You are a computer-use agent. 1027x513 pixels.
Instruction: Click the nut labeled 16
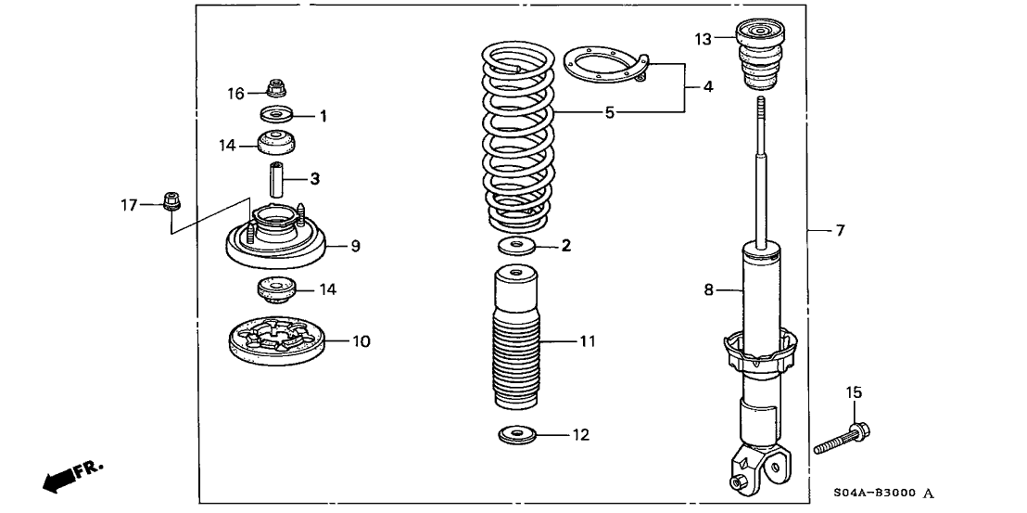275,89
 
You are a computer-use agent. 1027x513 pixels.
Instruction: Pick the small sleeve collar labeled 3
275,176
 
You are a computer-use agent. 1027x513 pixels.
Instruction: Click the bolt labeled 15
840,440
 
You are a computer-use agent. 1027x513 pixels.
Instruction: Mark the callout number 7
840,230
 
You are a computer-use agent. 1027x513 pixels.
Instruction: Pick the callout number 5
609,113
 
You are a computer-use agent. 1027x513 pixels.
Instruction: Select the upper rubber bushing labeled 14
275,144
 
